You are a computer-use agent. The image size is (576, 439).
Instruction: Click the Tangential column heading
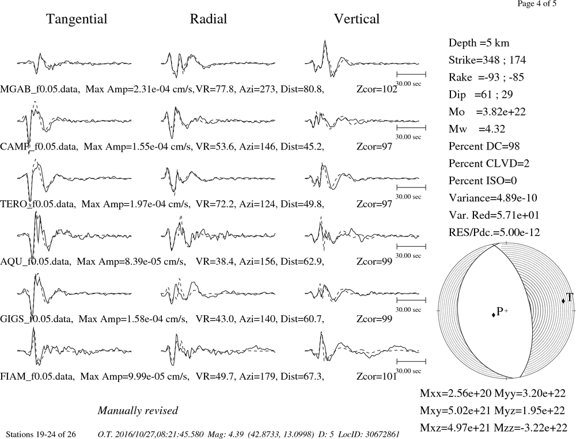click(77, 19)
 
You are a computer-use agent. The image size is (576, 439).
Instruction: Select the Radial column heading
click(209, 19)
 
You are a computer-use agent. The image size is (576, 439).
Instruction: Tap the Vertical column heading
click(357, 19)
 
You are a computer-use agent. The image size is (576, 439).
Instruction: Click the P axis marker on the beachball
click(494, 315)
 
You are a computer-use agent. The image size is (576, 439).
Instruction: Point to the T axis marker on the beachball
click(563, 301)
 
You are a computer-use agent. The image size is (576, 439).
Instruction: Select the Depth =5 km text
click(479, 43)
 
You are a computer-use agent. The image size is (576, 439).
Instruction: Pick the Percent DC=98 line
click(484, 147)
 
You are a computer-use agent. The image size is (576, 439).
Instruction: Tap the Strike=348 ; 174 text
click(487, 60)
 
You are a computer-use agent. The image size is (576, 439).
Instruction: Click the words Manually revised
click(138, 410)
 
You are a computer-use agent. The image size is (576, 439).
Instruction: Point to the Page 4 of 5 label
click(537, 3)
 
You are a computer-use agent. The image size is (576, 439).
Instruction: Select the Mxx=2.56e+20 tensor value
click(456, 394)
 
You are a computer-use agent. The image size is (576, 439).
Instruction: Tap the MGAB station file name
click(39, 89)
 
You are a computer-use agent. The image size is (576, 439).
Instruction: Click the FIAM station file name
click(37, 377)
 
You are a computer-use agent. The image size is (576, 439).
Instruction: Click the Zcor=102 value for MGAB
click(377, 89)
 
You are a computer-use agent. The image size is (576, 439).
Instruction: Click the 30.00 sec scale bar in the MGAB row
click(411, 75)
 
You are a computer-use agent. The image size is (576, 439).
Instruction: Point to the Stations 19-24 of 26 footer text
click(41, 434)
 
